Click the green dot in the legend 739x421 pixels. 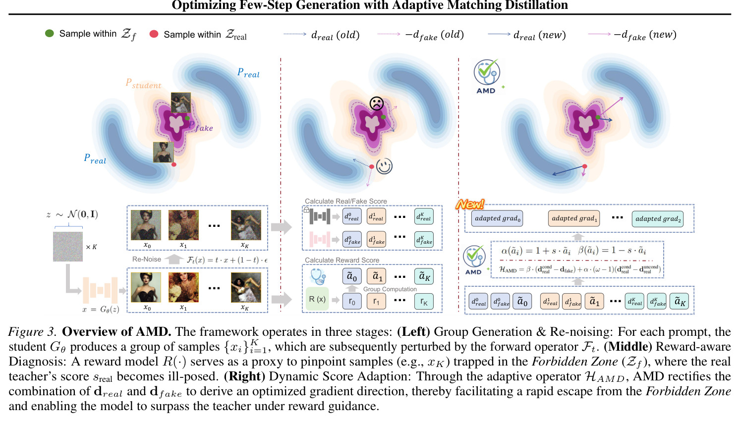click(x=50, y=33)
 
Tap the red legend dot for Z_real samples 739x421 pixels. click(x=154, y=34)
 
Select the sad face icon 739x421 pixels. click(x=376, y=104)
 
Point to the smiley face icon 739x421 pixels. click(x=384, y=166)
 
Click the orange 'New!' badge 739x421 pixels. click(x=470, y=205)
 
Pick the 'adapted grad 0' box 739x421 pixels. click(x=497, y=218)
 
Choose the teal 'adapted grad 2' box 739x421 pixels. click(x=658, y=219)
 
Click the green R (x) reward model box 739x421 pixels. click(x=317, y=299)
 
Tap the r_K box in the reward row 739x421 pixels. click(x=424, y=301)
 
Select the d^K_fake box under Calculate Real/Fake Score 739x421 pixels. click(x=424, y=240)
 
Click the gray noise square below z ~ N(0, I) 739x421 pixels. click(x=68, y=247)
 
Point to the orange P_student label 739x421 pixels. click(x=143, y=83)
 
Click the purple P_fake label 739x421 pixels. click(x=201, y=126)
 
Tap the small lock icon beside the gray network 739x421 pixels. click(x=306, y=210)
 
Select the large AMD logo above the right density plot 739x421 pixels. click(x=487, y=76)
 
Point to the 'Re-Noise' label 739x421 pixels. click(x=147, y=259)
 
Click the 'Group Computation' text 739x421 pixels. click(x=390, y=289)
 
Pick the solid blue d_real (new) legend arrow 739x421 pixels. click(x=499, y=34)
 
